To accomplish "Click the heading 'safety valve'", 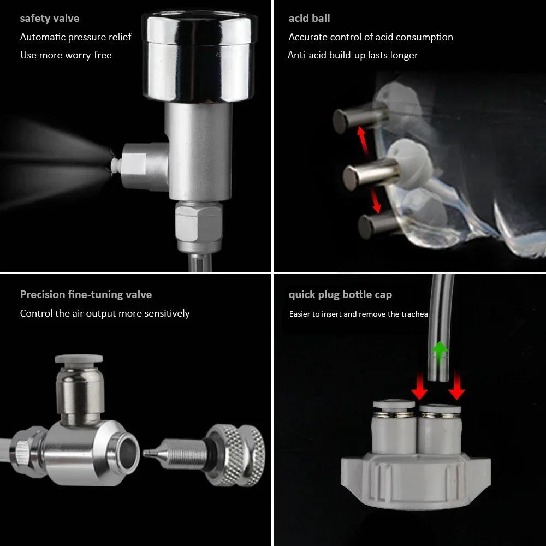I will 50,19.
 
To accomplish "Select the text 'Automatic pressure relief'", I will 76,37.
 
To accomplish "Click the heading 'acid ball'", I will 310,19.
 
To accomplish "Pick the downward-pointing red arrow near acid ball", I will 376,201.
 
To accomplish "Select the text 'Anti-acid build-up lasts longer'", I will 353,55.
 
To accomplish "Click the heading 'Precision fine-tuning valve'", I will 86,295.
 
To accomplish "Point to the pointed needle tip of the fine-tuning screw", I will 149,453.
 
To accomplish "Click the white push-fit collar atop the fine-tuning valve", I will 79,360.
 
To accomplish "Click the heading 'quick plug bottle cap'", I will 340,295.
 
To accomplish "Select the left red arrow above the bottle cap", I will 419,388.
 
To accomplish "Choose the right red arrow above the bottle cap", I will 456,388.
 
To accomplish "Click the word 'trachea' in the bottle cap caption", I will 414,314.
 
